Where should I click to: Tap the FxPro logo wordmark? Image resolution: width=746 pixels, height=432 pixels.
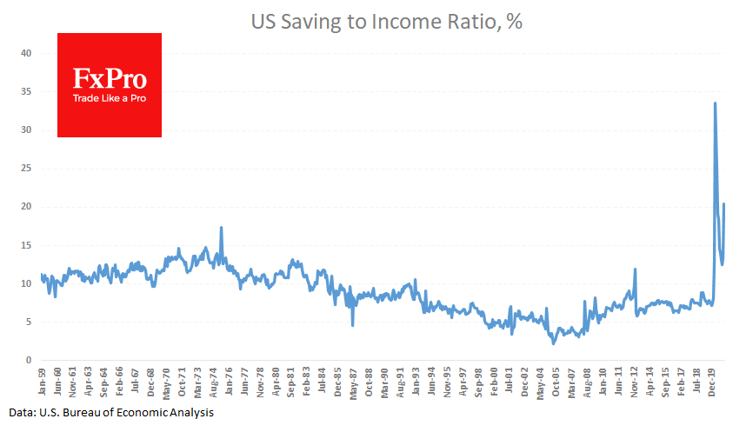[109, 81]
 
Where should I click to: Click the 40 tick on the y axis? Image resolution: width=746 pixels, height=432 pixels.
[26, 54]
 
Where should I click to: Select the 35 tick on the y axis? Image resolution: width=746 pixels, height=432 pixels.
[26, 92]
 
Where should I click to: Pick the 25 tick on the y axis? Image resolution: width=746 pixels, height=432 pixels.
[26, 169]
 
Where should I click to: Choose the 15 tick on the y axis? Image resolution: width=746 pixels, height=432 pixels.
[26, 245]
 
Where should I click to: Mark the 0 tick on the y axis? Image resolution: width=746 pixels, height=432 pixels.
[29, 360]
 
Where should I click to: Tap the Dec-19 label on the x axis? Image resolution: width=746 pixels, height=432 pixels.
[713, 382]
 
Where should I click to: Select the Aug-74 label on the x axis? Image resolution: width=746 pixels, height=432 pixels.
[215, 382]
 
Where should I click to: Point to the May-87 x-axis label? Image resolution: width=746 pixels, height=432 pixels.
[353, 382]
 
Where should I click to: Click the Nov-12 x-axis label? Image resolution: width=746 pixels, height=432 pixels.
[636, 382]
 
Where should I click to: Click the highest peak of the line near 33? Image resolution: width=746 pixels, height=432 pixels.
[715, 103]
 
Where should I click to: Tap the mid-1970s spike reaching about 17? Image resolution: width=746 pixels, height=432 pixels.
[222, 228]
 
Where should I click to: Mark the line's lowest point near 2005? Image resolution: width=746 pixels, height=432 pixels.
[553, 343]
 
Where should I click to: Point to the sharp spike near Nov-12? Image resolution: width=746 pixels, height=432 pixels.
[636, 269]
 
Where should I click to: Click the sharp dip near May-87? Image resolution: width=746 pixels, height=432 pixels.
[352, 325]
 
